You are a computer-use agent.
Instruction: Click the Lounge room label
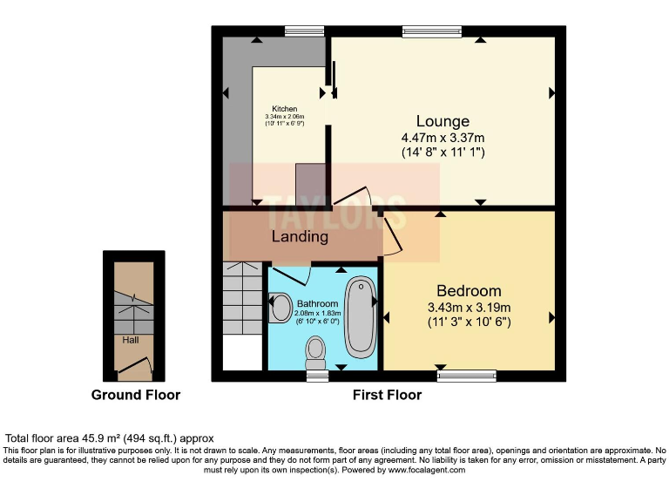[x=443, y=121]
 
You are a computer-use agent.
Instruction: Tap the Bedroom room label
[x=469, y=290]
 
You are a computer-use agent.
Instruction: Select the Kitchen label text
[x=285, y=109]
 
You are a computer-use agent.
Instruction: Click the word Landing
[x=300, y=236]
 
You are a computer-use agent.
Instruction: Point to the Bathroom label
[x=317, y=302]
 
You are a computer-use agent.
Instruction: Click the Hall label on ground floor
[x=130, y=341]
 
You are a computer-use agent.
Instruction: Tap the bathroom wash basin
[x=280, y=308]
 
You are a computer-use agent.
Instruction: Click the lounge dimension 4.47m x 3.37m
[x=443, y=138]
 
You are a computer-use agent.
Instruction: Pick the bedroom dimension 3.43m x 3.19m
[x=469, y=307]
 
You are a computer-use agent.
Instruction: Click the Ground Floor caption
[x=136, y=395]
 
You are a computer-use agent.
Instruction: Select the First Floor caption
[x=387, y=395]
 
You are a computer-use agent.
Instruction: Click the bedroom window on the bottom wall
[x=466, y=376]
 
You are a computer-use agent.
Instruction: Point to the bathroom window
[x=317, y=376]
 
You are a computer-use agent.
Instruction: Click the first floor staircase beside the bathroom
[x=241, y=305]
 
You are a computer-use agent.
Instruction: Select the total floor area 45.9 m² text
[x=109, y=438]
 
